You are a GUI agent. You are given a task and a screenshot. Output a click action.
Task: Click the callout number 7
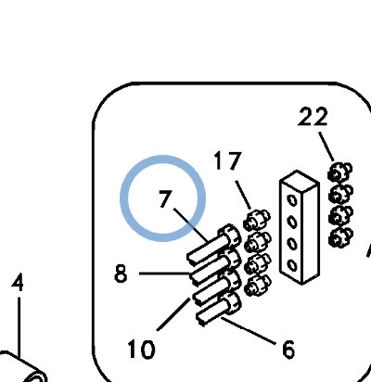(x=165, y=198)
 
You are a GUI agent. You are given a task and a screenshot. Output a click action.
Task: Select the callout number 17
(x=227, y=160)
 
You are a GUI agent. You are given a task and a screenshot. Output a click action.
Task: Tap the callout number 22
(x=313, y=116)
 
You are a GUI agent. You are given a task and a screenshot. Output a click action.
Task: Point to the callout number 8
(x=121, y=274)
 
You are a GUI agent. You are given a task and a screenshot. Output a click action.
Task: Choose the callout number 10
(x=141, y=349)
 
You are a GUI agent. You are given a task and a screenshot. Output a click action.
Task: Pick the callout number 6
(x=288, y=350)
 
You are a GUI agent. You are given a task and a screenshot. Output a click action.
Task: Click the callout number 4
(x=18, y=282)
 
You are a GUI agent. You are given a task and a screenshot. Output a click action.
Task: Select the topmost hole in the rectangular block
(x=292, y=200)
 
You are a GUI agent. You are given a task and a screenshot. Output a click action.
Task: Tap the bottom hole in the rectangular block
(x=292, y=265)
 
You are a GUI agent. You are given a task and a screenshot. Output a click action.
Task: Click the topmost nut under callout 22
(x=340, y=172)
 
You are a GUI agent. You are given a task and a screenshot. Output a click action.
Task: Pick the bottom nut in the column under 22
(x=340, y=237)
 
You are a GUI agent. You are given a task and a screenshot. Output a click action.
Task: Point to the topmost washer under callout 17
(x=257, y=219)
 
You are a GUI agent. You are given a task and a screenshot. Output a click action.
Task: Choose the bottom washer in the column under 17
(x=258, y=286)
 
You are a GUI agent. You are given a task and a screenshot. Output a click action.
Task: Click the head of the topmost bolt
(x=229, y=236)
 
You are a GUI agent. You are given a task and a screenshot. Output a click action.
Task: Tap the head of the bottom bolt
(x=230, y=301)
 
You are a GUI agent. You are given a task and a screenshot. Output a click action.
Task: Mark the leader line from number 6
(x=249, y=331)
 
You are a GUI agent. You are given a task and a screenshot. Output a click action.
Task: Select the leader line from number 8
(x=164, y=274)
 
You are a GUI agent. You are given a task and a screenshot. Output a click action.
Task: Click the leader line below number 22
(x=326, y=146)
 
